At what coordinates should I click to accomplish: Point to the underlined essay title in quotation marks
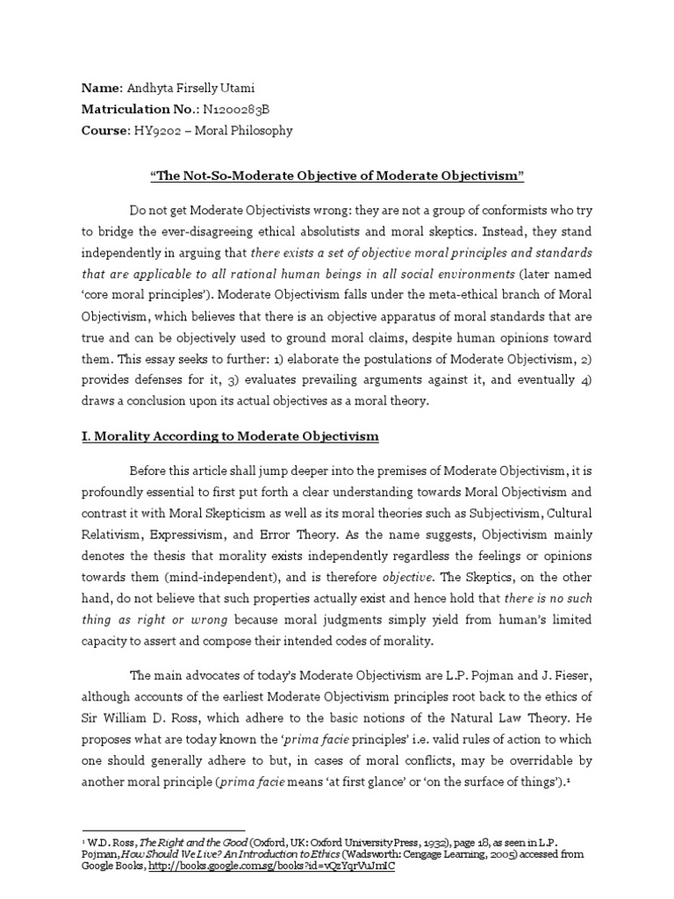[x=337, y=176]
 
